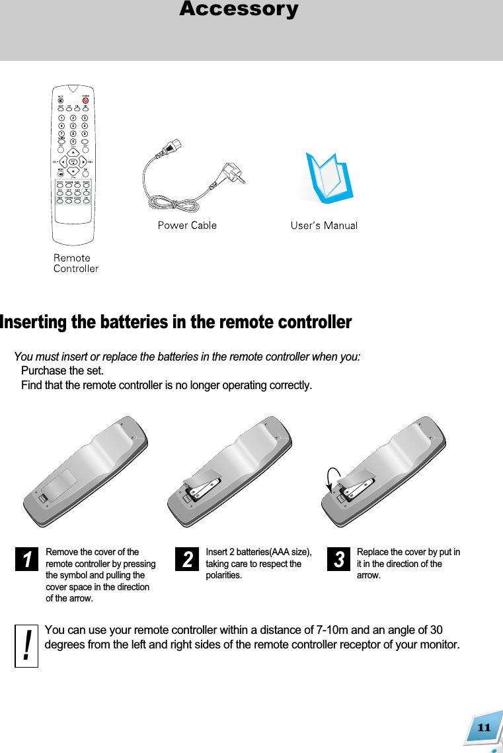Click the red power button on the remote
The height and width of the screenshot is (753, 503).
click(x=85, y=100)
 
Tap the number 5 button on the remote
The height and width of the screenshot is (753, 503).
click(x=73, y=125)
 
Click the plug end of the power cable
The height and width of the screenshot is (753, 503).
click(x=231, y=173)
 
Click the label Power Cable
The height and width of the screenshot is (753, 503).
click(x=187, y=226)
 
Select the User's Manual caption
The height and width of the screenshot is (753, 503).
click(x=324, y=226)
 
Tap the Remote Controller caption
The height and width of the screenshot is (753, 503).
click(x=75, y=263)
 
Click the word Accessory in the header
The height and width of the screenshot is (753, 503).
click(x=239, y=10)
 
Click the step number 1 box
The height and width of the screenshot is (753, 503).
click(x=27, y=560)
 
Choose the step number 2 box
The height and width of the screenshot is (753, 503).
click(x=188, y=560)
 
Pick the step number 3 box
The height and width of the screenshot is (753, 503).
click(x=338, y=560)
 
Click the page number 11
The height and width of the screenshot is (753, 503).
click(x=484, y=728)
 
